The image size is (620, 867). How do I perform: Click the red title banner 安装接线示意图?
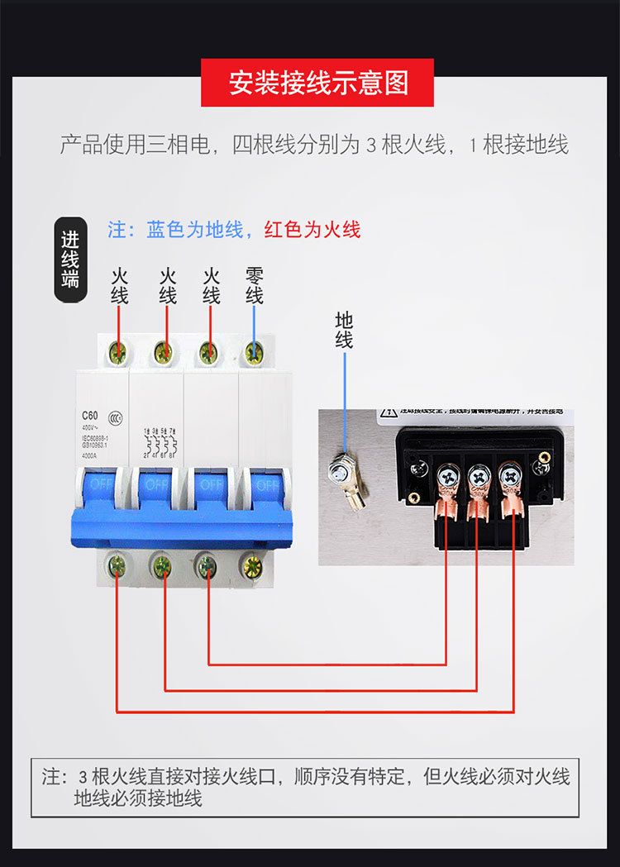pos(318,83)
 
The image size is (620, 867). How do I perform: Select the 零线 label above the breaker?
pos(254,285)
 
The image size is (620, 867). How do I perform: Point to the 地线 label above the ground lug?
pos(344,330)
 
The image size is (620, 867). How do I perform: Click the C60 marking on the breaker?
pos(90,415)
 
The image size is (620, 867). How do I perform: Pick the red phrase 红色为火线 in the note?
pos(312,229)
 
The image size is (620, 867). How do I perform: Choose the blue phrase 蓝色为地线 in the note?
pos(195,229)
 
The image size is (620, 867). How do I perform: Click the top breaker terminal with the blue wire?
pos(254,356)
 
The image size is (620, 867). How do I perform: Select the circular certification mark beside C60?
pos(118,417)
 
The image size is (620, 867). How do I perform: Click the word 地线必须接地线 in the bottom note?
pos(138,798)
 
